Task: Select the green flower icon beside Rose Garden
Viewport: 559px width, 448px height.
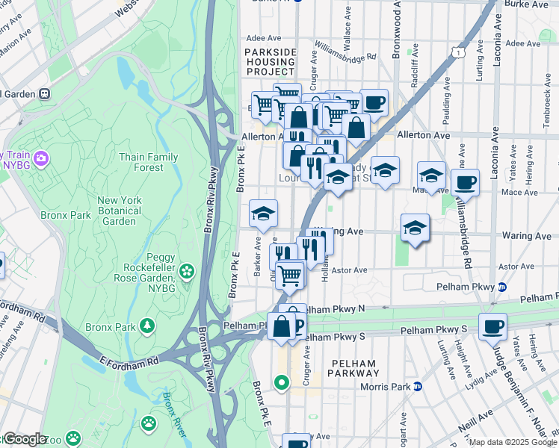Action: point(187,270)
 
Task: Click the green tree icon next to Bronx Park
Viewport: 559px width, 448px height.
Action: point(148,326)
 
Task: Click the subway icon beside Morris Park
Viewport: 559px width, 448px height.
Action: point(419,387)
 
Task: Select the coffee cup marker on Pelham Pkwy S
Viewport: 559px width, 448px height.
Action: point(492,326)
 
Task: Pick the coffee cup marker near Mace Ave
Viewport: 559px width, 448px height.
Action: point(465,182)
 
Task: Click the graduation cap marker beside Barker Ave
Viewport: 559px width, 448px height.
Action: point(263,214)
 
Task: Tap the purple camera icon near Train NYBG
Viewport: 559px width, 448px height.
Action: point(40,158)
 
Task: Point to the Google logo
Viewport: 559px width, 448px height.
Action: point(25,438)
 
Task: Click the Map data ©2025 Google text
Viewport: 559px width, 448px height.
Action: point(513,442)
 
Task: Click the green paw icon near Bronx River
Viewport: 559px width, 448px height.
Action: point(149,423)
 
